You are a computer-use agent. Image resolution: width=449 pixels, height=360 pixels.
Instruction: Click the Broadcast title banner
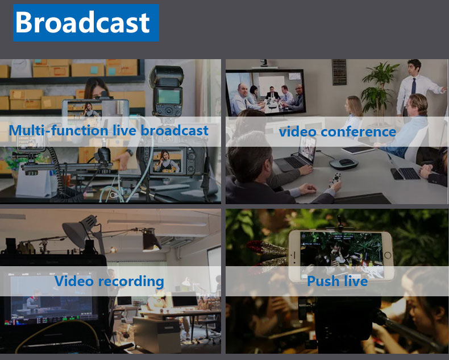pyautogui.click(x=86, y=23)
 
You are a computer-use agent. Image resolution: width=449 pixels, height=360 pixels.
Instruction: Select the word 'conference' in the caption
pyautogui.click(x=358, y=132)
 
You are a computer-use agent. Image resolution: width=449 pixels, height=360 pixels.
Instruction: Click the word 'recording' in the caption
pyautogui.click(x=131, y=282)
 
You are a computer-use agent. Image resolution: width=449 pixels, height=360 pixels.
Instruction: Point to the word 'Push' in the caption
pyautogui.click(x=323, y=281)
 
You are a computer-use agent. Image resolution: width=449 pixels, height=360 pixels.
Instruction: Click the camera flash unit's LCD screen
pyautogui.click(x=169, y=97)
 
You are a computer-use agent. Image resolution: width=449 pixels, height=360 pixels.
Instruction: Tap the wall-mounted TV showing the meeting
pyautogui.click(x=265, y=92)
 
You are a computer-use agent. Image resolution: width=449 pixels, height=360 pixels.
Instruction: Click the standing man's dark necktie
pyautogui.click(x=413, y=86)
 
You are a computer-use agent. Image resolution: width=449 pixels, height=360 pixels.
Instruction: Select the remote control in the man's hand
pyautogui.click(x=335, y=179)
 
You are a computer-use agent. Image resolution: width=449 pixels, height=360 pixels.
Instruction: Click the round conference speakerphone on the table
pyautogui.click(x=344, y=164)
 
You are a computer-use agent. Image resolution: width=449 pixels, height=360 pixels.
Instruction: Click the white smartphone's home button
pyautogui.click(x=387, y=255)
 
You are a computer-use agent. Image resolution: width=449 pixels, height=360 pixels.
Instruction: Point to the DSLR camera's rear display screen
pyautogui.click(x=167, y=161)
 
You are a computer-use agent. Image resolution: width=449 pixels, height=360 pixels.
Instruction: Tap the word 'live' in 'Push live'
pyautogui.click(x=356, y=281)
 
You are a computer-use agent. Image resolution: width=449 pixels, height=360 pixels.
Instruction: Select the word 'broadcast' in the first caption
pyautogui.click(x=174, y=131)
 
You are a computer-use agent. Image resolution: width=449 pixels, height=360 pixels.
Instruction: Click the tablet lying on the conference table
pyautogui.click(x=357, y=150)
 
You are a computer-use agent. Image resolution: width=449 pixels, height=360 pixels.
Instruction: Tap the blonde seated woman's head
pyautogui.click(x=354, y=105)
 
